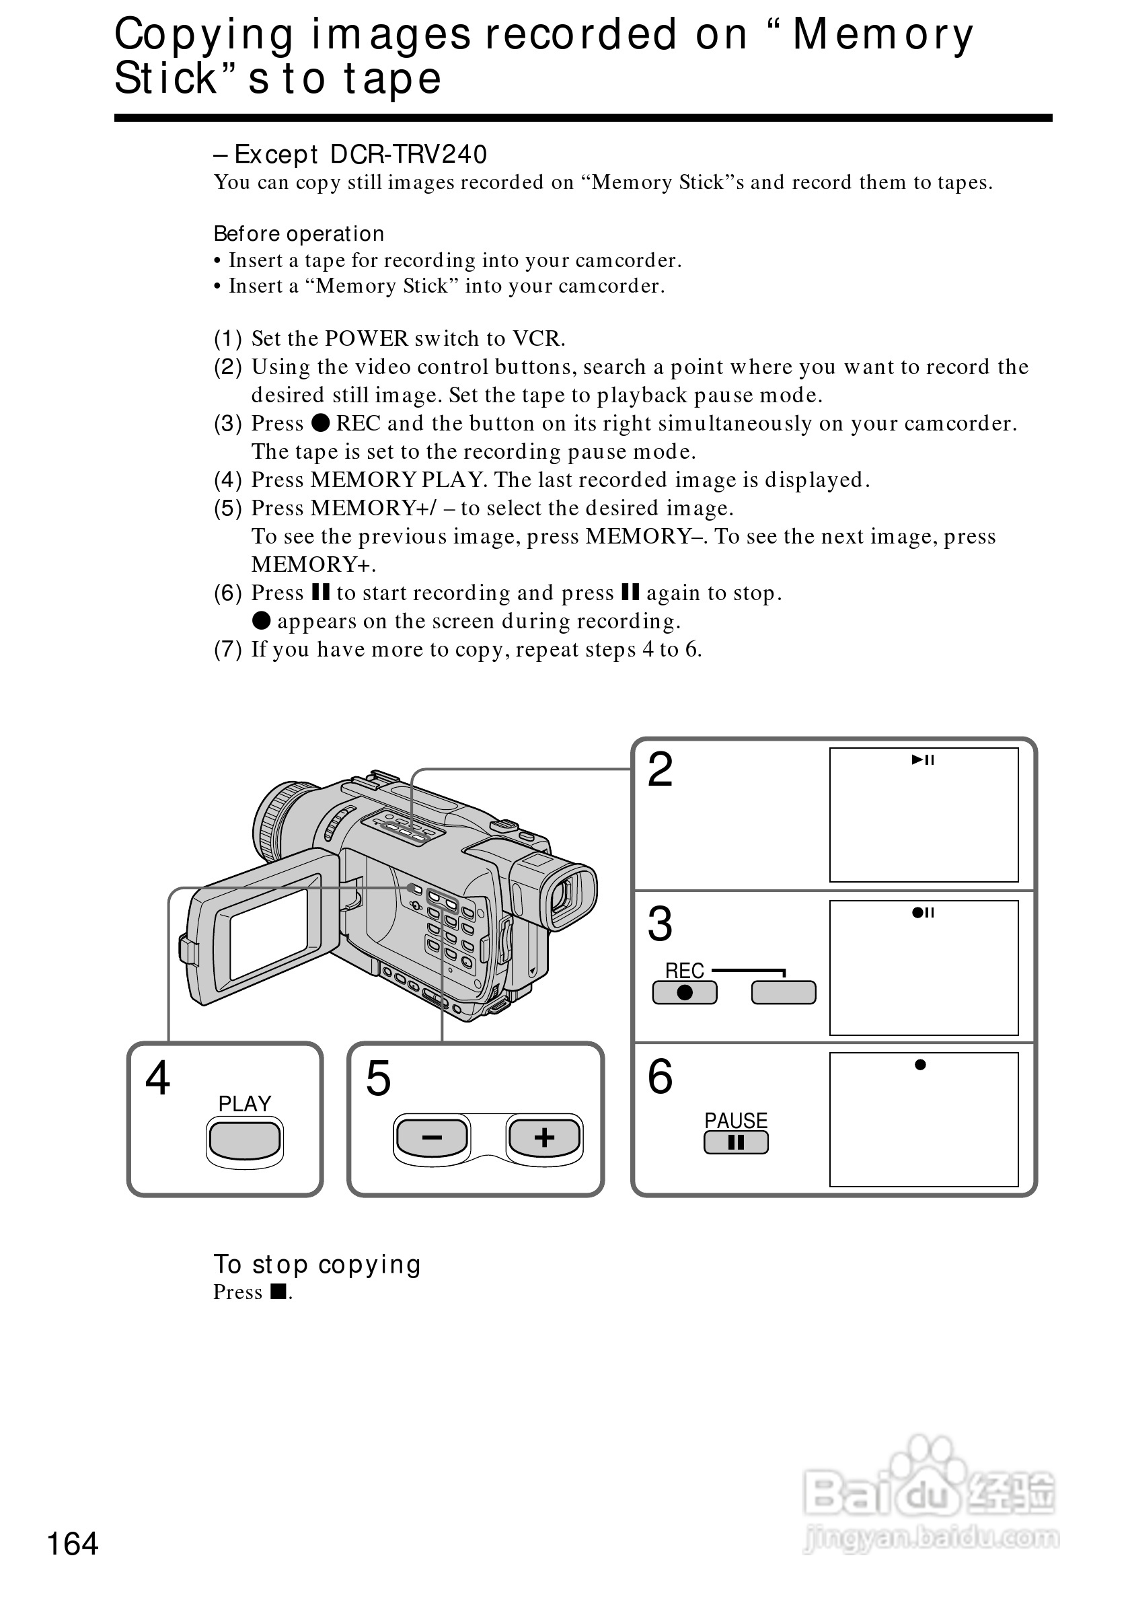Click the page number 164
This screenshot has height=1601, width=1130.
(x=73, y=1544)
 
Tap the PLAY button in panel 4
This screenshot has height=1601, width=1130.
(x=245, y=1141)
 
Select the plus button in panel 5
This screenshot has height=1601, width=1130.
(x=543, y=1138)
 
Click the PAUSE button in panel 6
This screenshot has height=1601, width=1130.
(x=735, y=1143)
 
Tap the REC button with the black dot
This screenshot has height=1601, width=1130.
(x=685, y=992)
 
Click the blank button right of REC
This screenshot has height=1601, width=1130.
(x=784, y=992)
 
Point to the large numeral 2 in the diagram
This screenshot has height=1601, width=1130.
(x=660, y=770)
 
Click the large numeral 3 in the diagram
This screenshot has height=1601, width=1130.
(x=660, y=924)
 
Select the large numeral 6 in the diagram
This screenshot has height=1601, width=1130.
(x=660, y=1076)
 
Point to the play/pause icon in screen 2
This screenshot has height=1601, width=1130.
(x=923, y=760)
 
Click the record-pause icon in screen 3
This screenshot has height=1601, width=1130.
(x=923, y=913)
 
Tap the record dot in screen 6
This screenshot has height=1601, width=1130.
(x=920, y=1065)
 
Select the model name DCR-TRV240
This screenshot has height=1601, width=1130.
(x=408, y=155)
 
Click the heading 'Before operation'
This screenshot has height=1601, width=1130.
(x=299, y=233)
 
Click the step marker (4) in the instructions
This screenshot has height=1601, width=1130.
(x=227, y=480)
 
